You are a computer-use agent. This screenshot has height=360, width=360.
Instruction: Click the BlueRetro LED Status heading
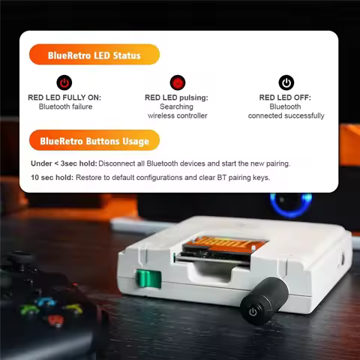pyautogui.click(x=94, y=55)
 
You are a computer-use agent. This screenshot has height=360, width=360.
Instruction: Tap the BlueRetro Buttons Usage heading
pyautogui.click(x=94, y=140)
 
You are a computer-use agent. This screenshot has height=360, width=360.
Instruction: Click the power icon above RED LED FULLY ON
pyautogui.click(x=64, y=82)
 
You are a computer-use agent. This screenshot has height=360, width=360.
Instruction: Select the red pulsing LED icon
pyautogui.click(x=177, y=82)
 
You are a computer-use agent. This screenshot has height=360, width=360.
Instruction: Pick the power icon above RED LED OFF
pyautogui.click(x=286, y=82)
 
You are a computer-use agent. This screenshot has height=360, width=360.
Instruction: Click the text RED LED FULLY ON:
pyautogui.click(x=64, y=97)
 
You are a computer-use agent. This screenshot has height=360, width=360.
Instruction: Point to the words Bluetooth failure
pyautogui.click(x=64, y=106)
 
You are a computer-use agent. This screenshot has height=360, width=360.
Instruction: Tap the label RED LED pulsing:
pyautogui.click(x=177, y=97)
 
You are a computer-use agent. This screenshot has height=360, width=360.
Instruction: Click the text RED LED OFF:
pyautogui.click(x=286, y=97)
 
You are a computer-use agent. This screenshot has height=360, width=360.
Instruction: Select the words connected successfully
pyautogui.click(x=286, y=115)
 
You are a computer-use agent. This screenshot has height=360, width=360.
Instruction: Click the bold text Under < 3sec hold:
pyautogui.click(x=63, y=163)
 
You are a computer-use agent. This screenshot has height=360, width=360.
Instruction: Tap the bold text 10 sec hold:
pyautogui.click(x=52, y=178)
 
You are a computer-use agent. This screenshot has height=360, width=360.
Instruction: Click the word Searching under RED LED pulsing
pyautogui.click(x=177, y=106)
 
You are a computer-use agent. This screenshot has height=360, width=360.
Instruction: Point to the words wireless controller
pyautogui.click(x=177, y=115)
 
